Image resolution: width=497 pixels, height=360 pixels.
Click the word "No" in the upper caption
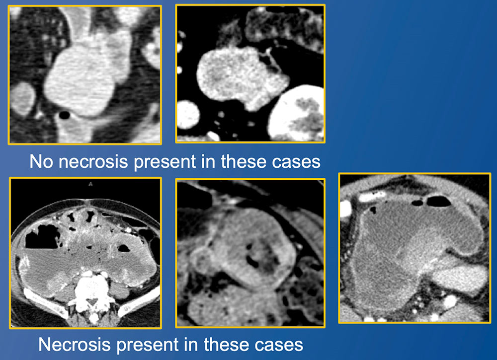(41, 161)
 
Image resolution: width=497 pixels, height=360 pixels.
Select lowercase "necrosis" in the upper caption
(94, 162)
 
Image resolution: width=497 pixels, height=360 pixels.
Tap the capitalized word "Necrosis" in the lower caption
(75, 344)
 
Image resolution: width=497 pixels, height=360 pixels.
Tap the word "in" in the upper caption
(208, 161)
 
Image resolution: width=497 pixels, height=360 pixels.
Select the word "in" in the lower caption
(191, 344)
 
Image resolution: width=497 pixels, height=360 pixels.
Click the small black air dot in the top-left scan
(65, 115)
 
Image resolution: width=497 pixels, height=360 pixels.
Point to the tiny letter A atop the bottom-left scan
(90, 184)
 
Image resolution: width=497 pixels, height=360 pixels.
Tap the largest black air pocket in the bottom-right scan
(439, 202)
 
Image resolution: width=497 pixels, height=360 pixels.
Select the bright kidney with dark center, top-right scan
(296, 113)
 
